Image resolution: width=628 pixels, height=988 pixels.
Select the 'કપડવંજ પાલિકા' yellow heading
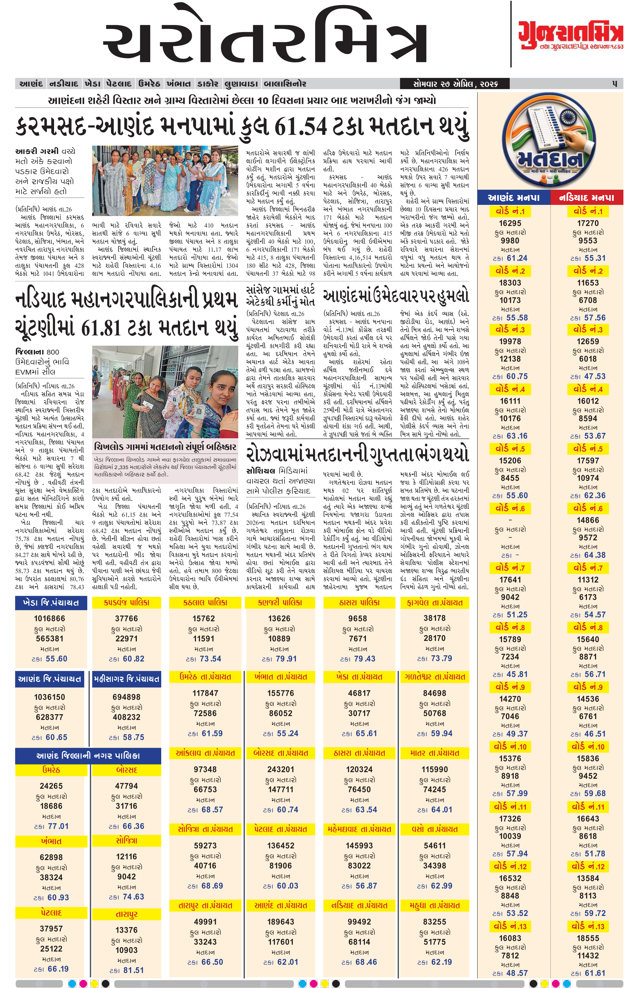point(126,603)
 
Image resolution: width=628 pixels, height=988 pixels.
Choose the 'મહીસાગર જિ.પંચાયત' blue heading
point(126,679)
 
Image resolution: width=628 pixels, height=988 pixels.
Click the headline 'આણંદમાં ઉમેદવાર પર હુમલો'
point(396,296)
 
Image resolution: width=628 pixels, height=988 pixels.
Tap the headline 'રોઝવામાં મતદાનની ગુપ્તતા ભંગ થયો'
point(357,454)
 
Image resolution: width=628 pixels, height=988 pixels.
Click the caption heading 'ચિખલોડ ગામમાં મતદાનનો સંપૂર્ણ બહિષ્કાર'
point(165,446)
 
